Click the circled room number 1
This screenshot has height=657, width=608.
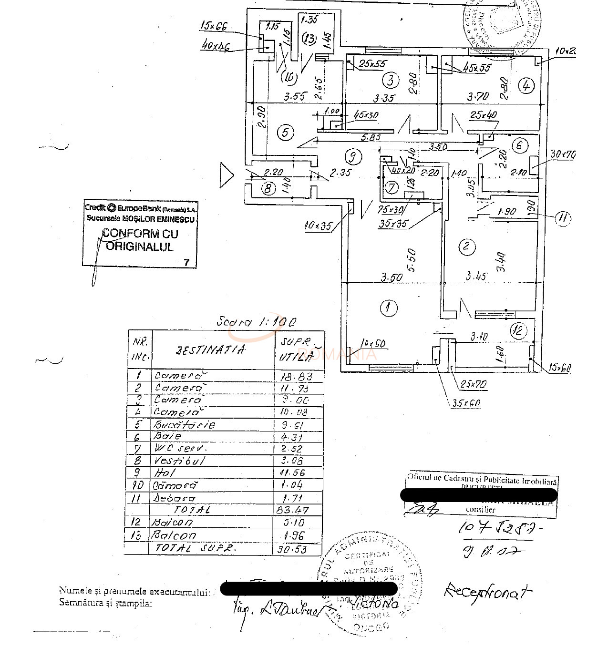[389, 308]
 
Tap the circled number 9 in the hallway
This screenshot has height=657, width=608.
[352, 156]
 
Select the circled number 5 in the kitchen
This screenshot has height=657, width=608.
[285, 132]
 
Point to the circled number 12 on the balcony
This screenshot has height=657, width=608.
[518, 330]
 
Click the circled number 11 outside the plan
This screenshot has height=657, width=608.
[563, 218]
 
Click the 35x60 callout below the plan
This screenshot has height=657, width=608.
[465, 403]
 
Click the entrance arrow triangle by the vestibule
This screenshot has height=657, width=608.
[226, 175]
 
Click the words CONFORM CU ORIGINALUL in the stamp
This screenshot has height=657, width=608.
[140, 240]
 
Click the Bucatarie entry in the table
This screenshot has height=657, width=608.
[184, 424]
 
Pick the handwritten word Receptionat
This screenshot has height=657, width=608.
[487, 592]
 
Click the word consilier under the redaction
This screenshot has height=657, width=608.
[480, 509]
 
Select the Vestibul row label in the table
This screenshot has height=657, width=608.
[179, 461]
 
